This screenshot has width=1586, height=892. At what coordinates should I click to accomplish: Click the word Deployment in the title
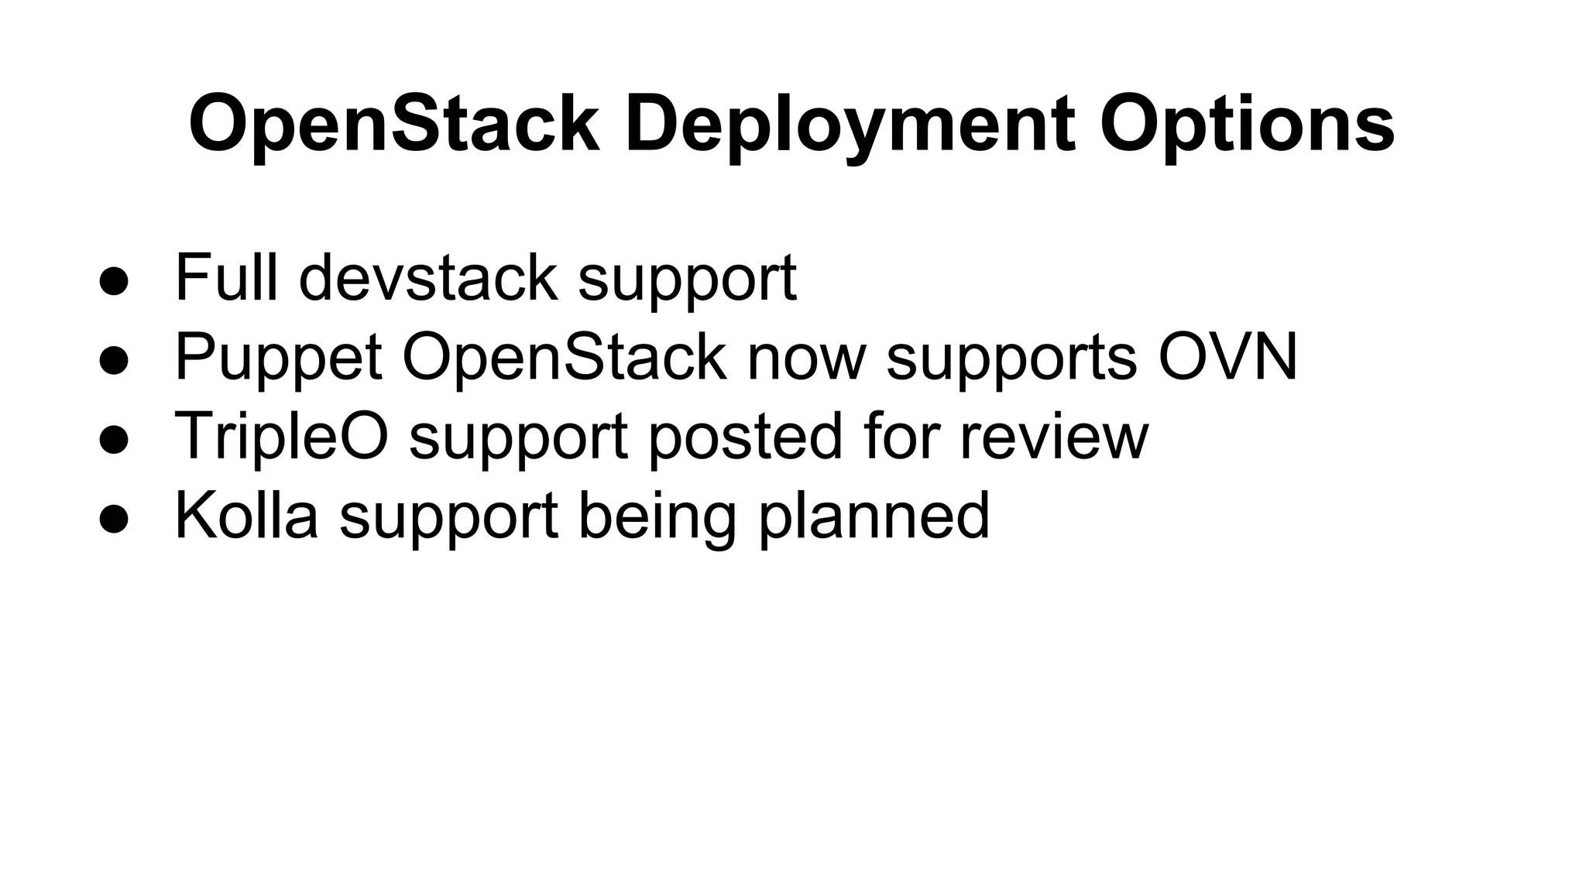click(850, 125)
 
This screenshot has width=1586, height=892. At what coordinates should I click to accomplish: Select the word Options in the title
click(1247, 125)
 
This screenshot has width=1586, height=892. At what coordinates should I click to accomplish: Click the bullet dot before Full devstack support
click(114, 282)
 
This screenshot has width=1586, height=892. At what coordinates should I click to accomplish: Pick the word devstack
click(427, 277)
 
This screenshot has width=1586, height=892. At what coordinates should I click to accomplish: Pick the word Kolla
click(247, 515)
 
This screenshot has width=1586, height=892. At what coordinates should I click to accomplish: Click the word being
click(657, 516)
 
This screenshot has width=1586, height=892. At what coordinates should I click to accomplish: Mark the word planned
click(874, 516)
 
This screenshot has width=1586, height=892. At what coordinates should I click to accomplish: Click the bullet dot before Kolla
click(114, 520)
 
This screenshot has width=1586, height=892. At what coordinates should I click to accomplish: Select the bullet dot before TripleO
click(114, 440)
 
